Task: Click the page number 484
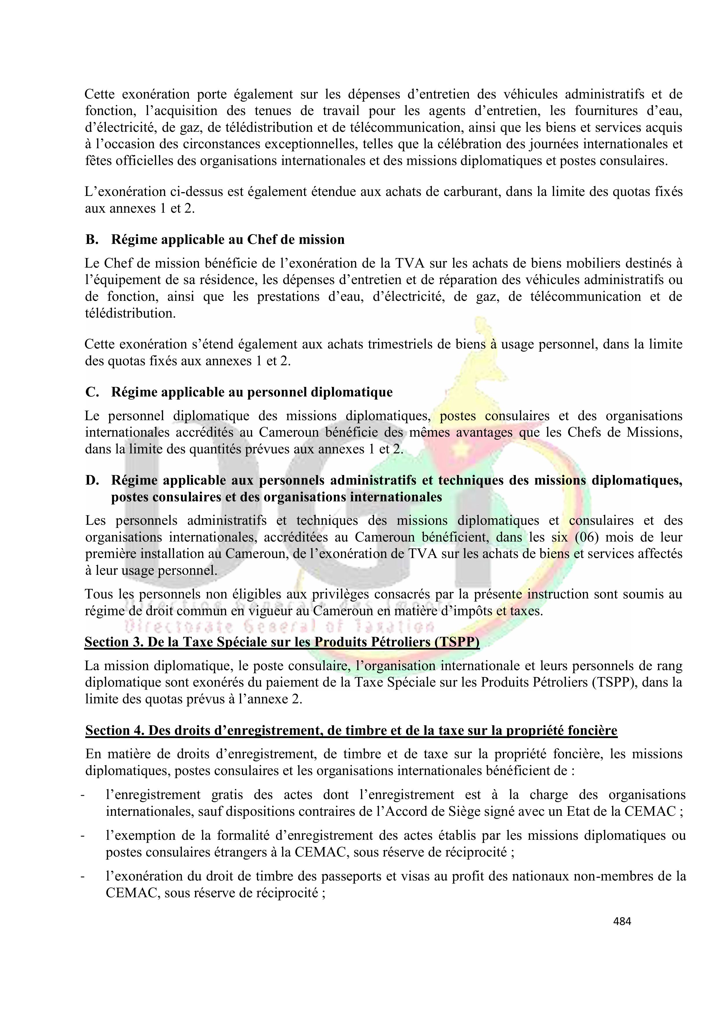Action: click(x=622, y=921)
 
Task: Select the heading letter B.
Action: click(x=91, y=240)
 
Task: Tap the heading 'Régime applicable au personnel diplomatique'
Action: click(x=252, y=392)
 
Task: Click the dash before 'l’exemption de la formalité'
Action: click(x=82, y=836)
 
